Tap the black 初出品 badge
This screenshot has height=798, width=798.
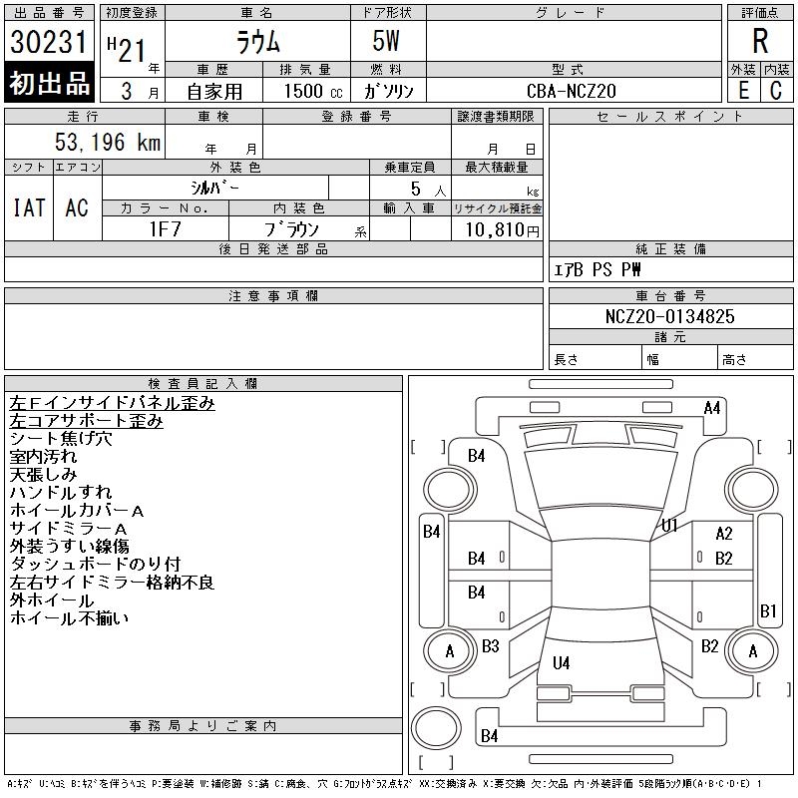click(x=50, y=84)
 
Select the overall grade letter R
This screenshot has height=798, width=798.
click(x=760, y=41)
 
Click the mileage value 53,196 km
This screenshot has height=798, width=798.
click(x=107, y=142)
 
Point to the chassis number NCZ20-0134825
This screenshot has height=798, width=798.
click(x=669, y=316)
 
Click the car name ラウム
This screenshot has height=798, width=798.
click(x=256, y=42)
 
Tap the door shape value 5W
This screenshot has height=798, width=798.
click(x=387, y=42)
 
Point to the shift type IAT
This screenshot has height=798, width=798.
click(x=29, y=207)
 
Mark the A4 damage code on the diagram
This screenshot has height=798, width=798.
click(x=712, y=407)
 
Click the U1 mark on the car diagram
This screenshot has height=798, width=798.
click(x=669, y=525)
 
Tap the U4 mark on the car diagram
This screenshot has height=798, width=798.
click(x=562, y=662)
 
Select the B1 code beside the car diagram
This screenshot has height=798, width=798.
click(x=768, y=610)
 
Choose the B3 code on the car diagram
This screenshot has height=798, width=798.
click(x=490, y=646)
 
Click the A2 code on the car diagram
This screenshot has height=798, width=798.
click(x=724, y=534)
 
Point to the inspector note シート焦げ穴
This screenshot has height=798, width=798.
click(x=61, y=439)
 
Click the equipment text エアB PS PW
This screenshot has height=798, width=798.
click(x=598, y=269)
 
